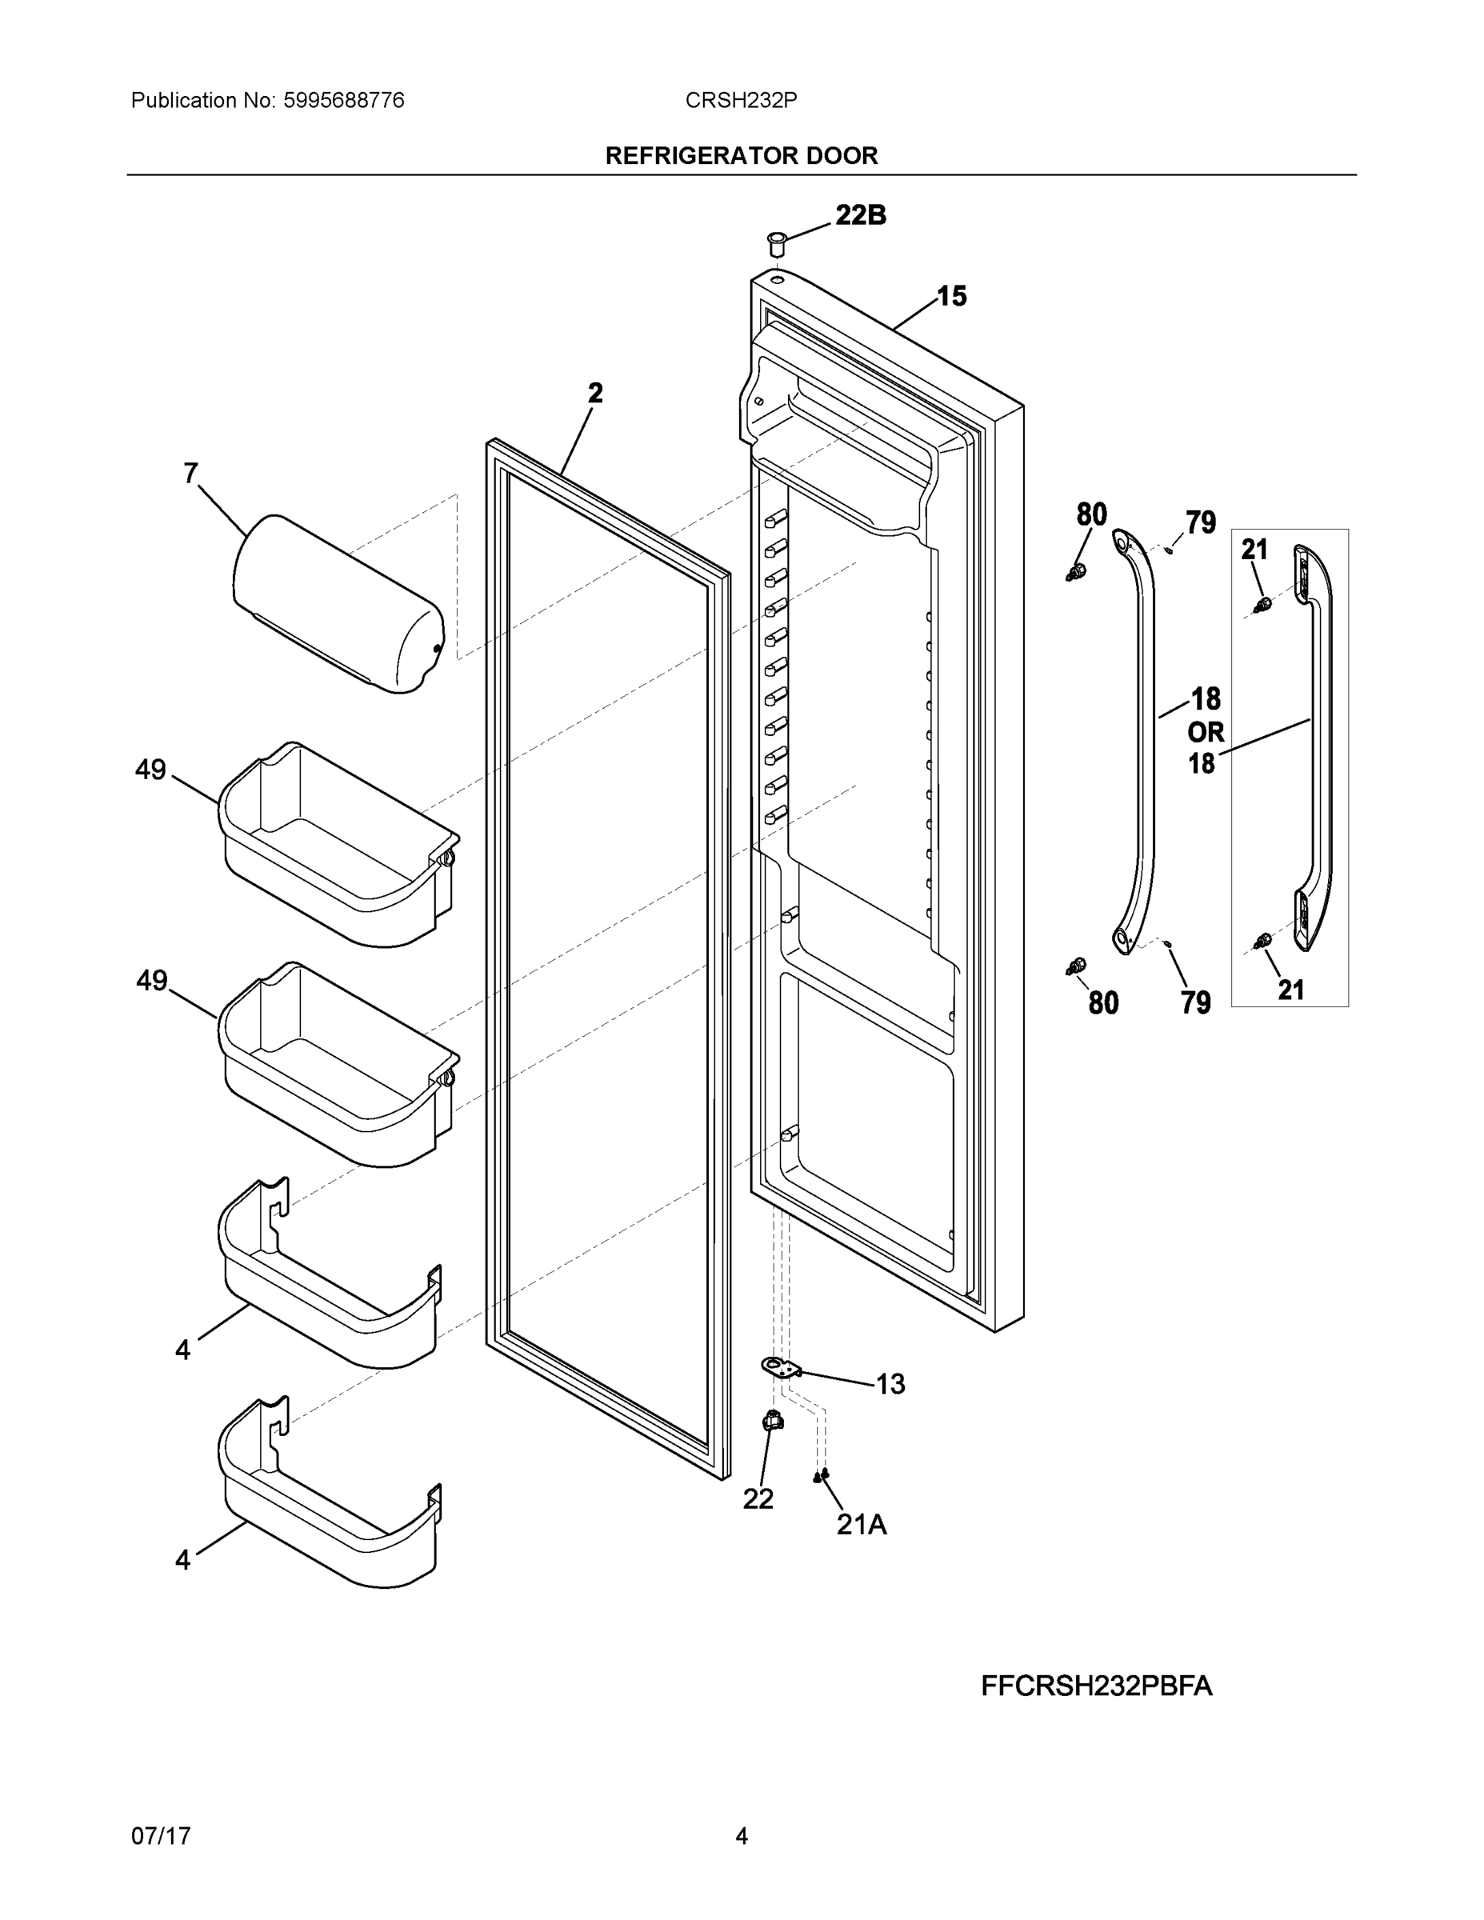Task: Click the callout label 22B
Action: tap(860, 215)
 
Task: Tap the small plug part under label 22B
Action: tap(775, 242)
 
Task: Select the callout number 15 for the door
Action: tap(951, 297)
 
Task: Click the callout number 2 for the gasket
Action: tap(596, 393)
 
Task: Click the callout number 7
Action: tap(190, 474)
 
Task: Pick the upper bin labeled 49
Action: tap(338, 845)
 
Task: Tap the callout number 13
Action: tap(890, 1385)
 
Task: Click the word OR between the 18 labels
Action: tap(1206, 731)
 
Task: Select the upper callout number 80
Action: tap(1091, 514)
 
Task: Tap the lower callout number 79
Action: tap(1196, 1002)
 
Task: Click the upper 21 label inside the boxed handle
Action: tap(1254, 550)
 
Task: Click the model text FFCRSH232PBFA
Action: tap(1096, 1686)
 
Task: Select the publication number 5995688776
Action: tap(344, 101)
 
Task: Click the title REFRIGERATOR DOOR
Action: tap(741, 156)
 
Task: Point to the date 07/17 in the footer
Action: tap(161, 1836)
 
